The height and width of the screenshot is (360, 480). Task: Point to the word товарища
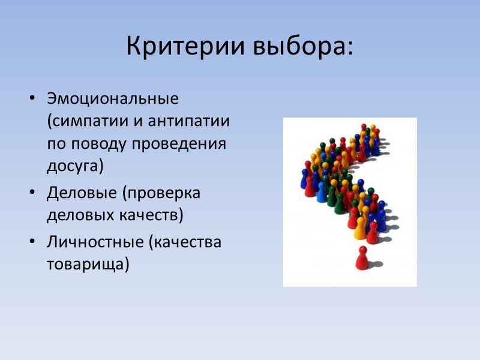[x=86, y=264]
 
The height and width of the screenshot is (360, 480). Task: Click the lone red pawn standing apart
[x=361, y=258]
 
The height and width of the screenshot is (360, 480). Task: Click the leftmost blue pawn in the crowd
[x=304, y=179]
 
